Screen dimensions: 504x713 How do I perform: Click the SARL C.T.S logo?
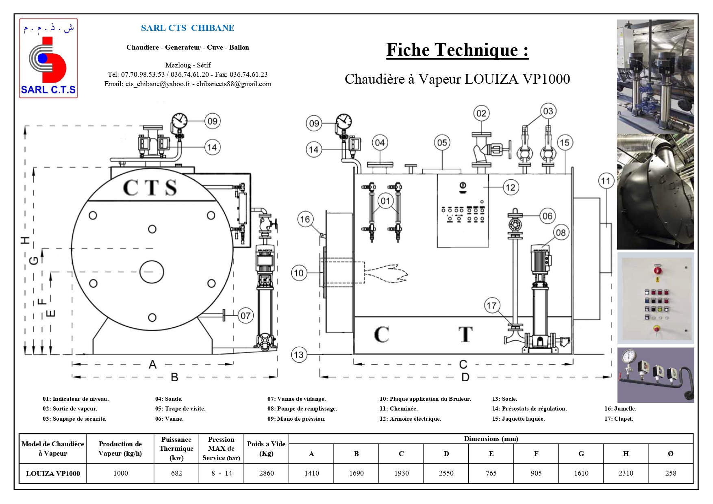click(x=48, y=58)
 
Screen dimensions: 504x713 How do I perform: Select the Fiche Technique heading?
click(x=457, y=50)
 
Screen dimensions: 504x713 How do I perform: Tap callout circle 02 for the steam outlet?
click(x=481, y=113)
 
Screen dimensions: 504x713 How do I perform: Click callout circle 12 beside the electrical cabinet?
click(x=511, y=187)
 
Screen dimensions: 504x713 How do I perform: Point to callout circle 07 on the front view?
click(x=246, y=315)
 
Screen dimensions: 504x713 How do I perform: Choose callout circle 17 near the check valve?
click(x=491, y=306)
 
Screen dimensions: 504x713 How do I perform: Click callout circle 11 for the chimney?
click(x=606, y=181)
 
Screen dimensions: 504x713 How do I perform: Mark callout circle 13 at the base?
click(x=299, y=355)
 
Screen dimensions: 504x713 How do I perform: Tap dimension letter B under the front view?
click(x=174, y=377)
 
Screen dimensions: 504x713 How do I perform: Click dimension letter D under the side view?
click(x=465, y=377)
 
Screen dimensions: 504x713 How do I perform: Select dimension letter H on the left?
click(x=26, y=240)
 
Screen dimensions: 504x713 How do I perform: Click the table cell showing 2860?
click(x=266, y=473)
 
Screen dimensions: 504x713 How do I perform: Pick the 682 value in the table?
click(x=176, y=473)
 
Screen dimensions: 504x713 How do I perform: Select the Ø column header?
click(x=670, y=454)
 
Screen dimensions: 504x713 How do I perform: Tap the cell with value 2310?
click(x=626, y=473)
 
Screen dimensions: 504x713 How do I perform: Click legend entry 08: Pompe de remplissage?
click(x=302, y=408)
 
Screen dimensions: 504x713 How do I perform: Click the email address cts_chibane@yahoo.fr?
click(x=158, y=84)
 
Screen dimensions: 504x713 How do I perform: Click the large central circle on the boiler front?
click(x=152, y=272)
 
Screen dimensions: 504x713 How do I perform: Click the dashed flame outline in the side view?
click(x=386, y=273)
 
